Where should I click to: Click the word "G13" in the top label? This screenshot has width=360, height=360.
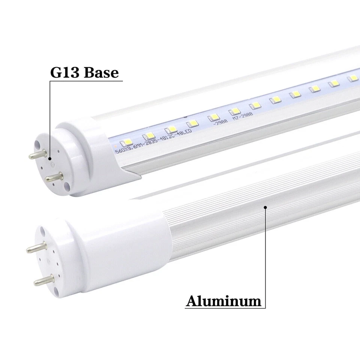pos(65,72)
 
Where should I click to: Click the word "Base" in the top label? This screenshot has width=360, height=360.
pos(101,72)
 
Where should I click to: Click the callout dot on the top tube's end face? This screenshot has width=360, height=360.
pos(50,159)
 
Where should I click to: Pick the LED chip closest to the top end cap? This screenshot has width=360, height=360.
pos(124,142)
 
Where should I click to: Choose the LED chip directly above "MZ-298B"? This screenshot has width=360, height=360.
pos(234,111)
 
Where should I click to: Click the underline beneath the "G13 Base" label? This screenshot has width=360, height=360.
pos(86,80)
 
